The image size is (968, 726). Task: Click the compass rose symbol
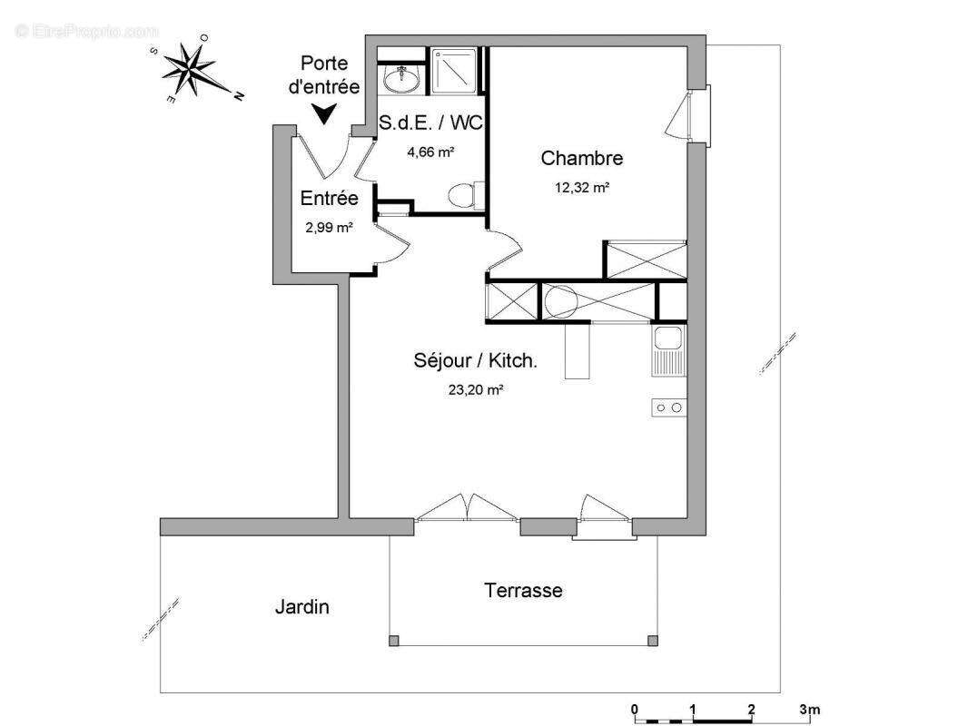193,68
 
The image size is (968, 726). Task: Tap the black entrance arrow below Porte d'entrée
323,113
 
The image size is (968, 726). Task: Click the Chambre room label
581,158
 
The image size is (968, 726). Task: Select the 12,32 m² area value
582,188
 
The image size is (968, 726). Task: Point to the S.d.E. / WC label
430,123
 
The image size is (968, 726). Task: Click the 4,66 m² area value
431,152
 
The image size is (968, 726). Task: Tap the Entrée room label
329,198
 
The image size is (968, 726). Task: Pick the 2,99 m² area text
329,228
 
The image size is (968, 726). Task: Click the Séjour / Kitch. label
475,360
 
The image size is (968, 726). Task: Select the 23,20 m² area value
475,390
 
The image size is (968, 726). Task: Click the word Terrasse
523,590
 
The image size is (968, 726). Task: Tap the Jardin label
301,607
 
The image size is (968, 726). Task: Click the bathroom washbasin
401,78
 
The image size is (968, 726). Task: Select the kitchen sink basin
667,338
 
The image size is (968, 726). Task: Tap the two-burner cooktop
668,407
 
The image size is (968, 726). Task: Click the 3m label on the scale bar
809,710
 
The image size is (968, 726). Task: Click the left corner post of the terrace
394,641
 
